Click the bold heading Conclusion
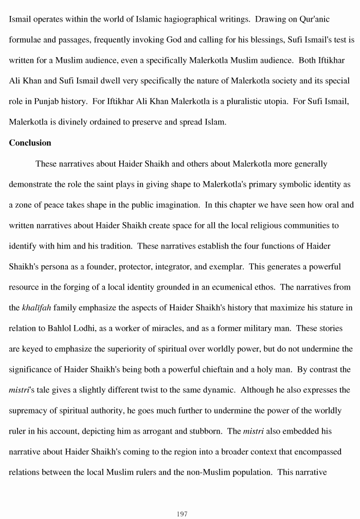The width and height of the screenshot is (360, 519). (30, 143)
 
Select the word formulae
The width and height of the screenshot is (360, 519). (25, 40)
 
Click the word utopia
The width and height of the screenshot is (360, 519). (254, 101)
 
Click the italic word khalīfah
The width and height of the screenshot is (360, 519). (37, 308)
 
